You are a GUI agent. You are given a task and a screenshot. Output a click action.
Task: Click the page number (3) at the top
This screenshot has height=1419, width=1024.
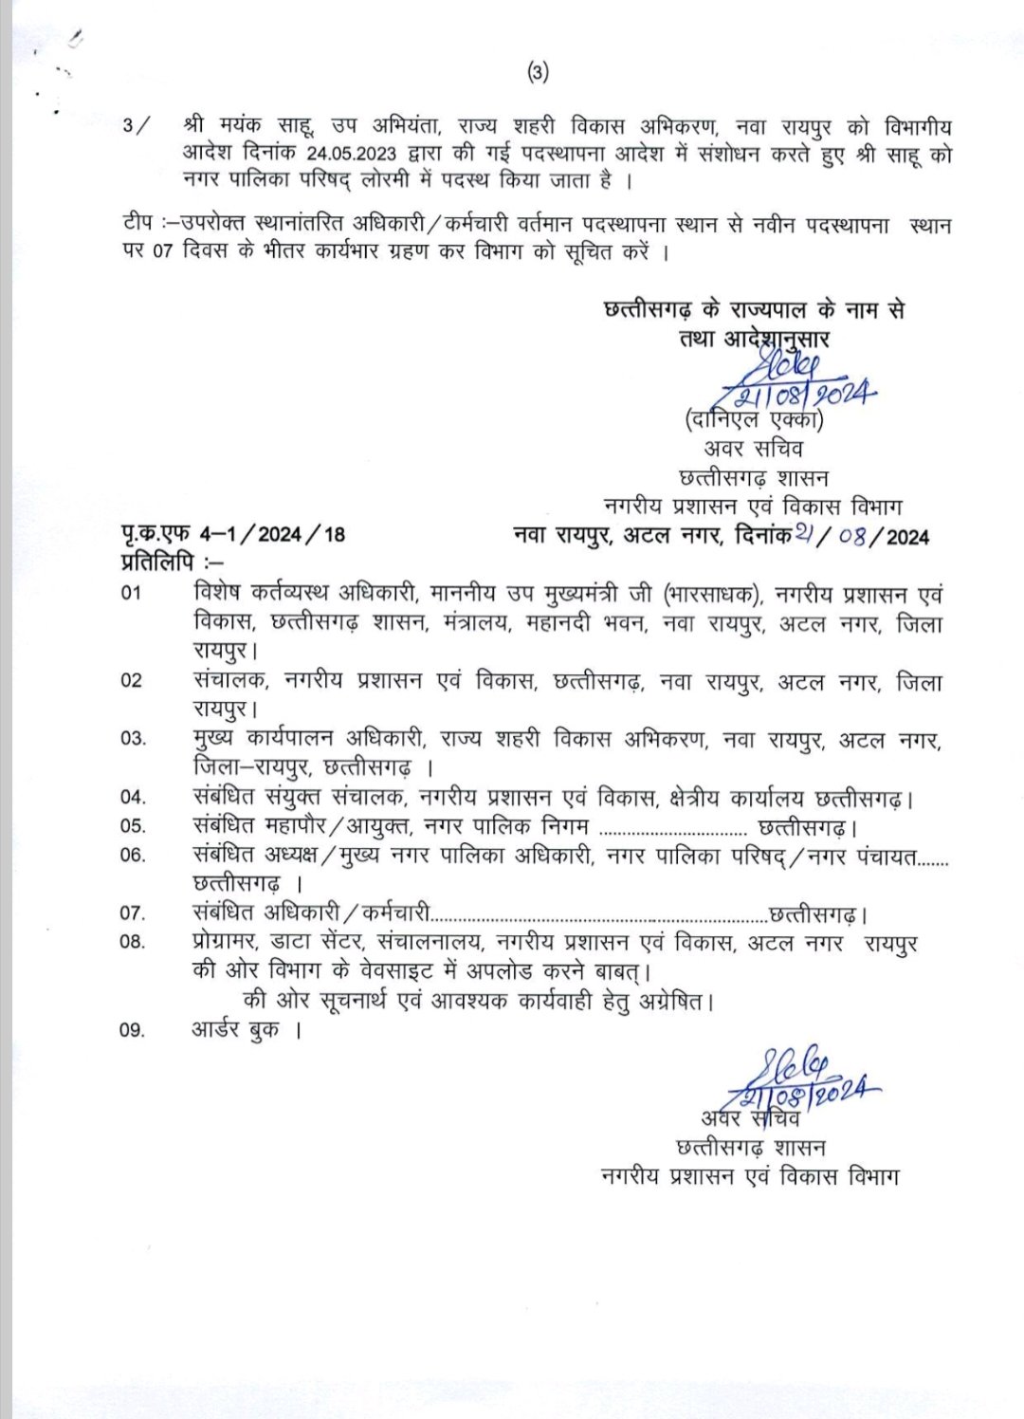tap(538, 73)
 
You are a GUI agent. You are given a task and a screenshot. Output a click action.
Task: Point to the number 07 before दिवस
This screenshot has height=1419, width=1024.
tap(163, 254)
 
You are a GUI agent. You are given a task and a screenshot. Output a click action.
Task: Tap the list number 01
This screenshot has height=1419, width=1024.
tap(132, 594)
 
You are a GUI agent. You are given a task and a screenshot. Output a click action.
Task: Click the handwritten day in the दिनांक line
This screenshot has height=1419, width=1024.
tap(807, 535)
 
